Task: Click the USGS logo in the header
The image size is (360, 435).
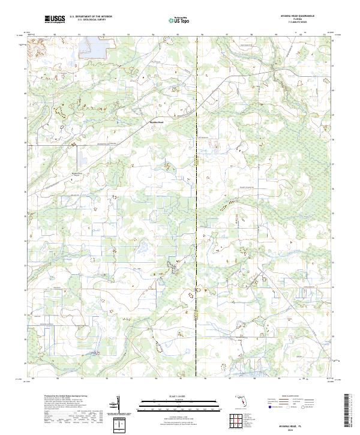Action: [55, 19]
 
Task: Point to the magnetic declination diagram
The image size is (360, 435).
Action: [121, 407]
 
